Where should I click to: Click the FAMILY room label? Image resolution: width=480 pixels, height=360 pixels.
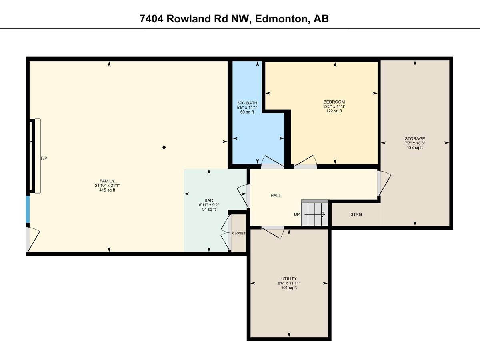click(x=107, y=181)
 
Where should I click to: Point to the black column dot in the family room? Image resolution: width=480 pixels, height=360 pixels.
click(x=164, y=148)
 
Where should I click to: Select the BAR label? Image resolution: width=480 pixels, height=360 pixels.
click(x=208, y=200)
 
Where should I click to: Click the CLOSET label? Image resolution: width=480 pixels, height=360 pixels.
click(x=239, y=233)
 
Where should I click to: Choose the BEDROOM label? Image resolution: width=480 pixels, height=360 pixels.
click(x=334, y=102)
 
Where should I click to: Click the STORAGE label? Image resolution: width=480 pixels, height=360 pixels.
click(x=414, y=139)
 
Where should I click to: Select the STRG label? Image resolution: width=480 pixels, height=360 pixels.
click(x=356, y=215)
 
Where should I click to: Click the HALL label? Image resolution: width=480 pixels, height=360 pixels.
click(x=276, y=196)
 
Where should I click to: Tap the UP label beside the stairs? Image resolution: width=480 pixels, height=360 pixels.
click(x=297, y=214)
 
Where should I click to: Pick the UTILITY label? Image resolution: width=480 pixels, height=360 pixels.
click(x=289, y=279)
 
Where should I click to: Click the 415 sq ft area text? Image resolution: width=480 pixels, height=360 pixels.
click(x=107, y=190)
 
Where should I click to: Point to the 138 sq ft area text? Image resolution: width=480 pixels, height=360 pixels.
click(x=414, y=148)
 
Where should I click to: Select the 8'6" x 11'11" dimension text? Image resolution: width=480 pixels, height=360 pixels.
click(x=289, y=283)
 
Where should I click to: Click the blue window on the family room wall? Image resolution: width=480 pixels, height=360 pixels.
click(x=28, y=209)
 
